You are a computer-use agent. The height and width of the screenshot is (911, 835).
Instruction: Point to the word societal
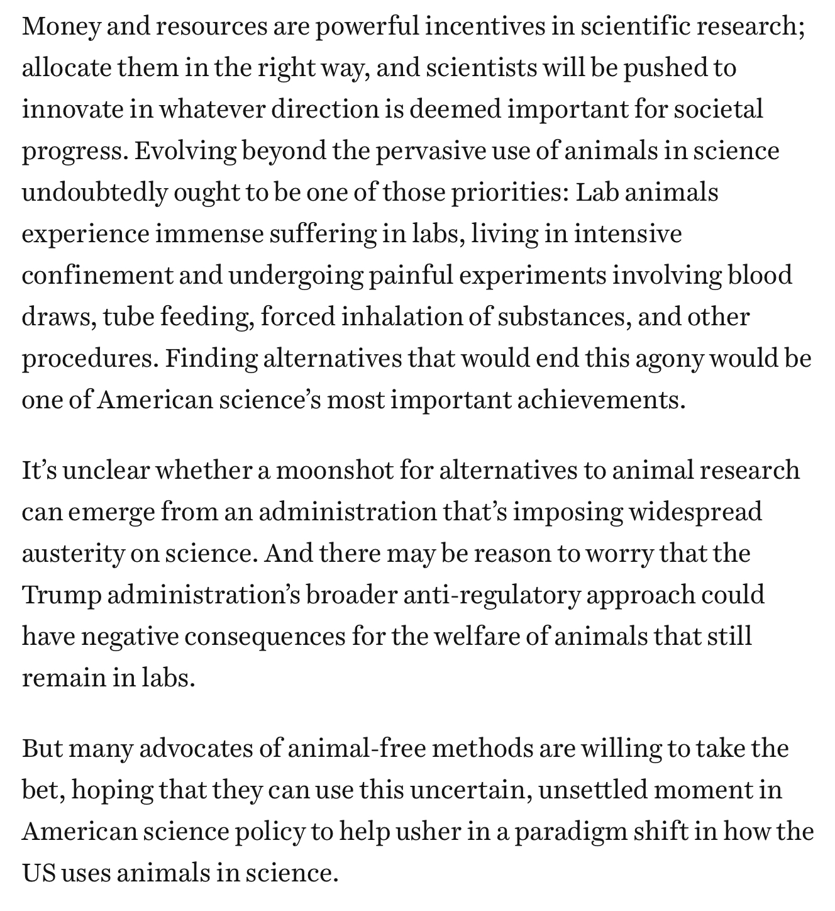(718, 109)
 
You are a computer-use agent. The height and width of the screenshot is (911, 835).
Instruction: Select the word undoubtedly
(94, 193)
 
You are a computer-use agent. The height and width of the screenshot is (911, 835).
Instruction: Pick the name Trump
(61, 595)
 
